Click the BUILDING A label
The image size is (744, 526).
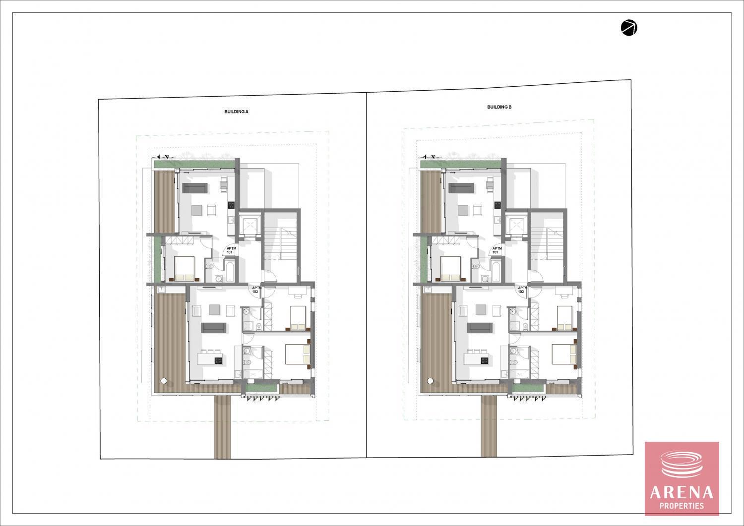[x=236, y=112]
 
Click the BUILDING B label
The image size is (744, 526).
[x=499, y=107]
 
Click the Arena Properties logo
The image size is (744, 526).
[x=682, y=478]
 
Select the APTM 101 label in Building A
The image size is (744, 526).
[x=230, y=250]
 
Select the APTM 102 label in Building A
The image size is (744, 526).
[x=255, y=290]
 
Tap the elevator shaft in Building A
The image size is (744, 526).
[x=249, y=224]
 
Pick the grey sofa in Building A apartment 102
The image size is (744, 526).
[x=214, y=327]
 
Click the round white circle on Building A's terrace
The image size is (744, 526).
[x=164, y=381]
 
